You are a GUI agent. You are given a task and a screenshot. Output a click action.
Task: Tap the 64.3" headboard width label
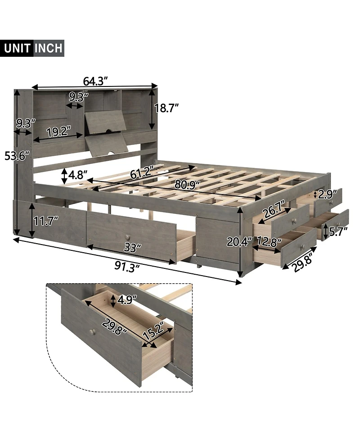[96, 81]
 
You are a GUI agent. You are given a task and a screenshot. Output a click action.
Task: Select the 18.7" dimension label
[167, 108]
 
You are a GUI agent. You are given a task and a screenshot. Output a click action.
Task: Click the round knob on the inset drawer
[92, 332]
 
